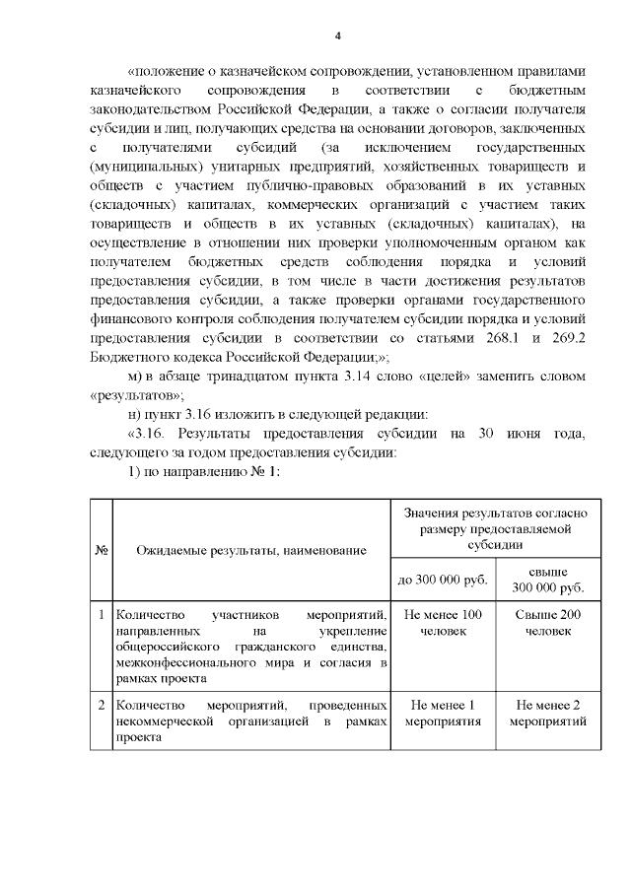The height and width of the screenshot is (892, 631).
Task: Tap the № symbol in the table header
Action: point(101,550)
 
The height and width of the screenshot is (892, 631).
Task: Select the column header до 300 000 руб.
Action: point(443,580)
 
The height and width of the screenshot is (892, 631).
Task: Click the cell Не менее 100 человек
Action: point(443,622)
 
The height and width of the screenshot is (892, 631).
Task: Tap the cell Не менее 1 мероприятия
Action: point(443,713)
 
